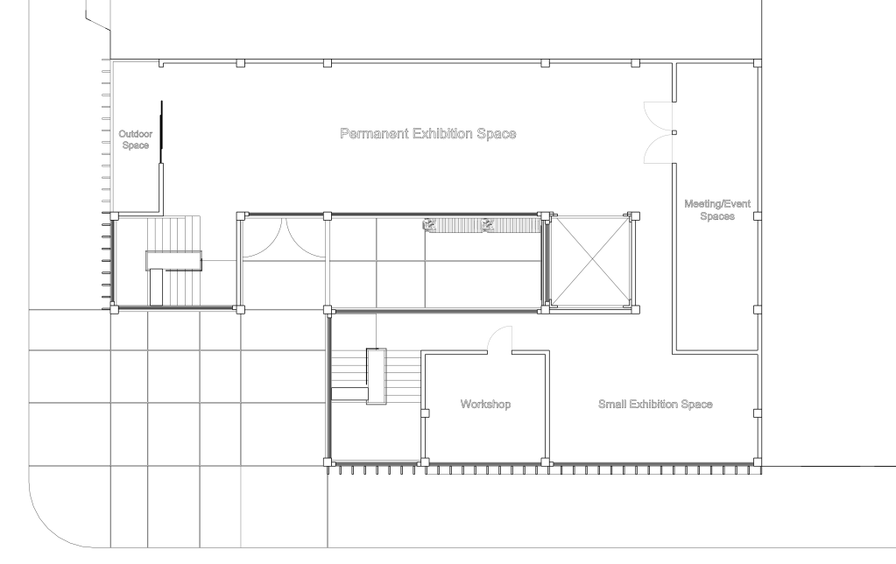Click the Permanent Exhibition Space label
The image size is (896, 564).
pos(428,134)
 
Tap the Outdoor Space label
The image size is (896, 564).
pos(136,140)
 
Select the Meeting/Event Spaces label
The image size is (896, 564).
pos(717,209)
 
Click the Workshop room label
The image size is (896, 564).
pos(485,404)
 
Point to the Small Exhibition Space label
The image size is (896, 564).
pos(655,404)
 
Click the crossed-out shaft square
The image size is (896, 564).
pos(593,262)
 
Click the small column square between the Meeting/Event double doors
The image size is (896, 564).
pos(674,132)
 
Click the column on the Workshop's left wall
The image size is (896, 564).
pos(425,413)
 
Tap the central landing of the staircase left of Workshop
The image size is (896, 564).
pos(376,376)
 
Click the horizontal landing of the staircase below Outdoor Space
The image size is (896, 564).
pos(173,260)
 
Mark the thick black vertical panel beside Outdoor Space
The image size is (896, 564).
pos(162,132)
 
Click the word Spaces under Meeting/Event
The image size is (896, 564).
pos(717,216)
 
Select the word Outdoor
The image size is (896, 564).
pos(136,134)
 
